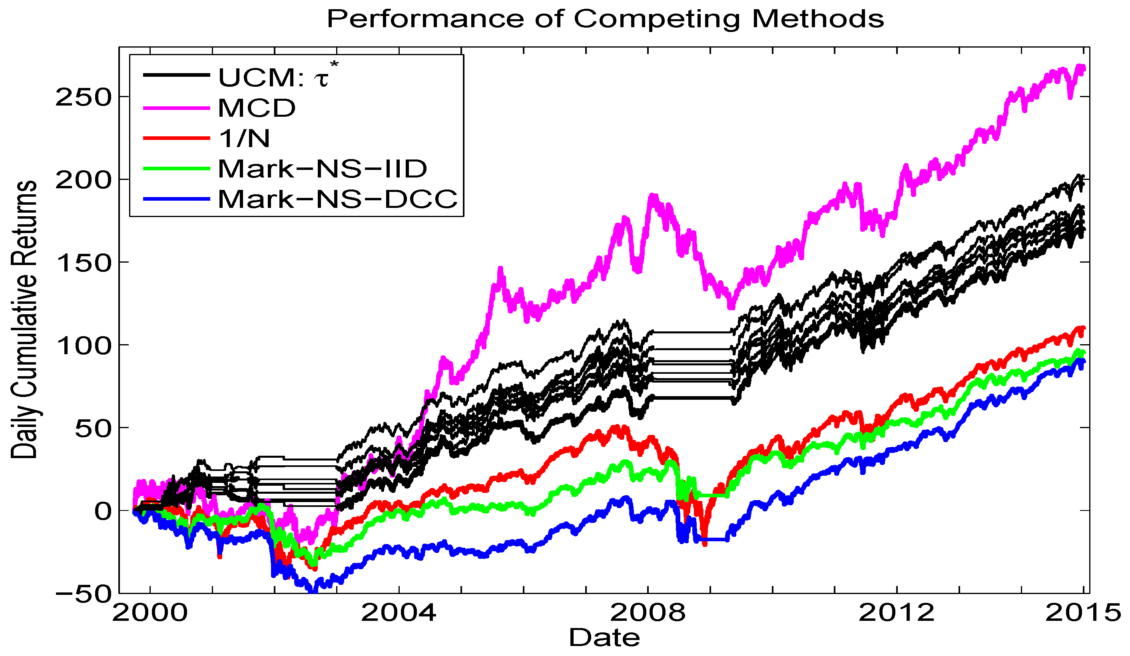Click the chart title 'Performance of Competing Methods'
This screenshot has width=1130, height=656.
[x=605, y=19]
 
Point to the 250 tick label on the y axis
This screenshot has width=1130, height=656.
[x=83, y=97]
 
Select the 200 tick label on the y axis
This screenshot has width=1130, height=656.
[x=83, y=180]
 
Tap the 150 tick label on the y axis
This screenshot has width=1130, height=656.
[x=83, y=263]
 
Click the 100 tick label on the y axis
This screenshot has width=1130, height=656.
[x=83, y=346]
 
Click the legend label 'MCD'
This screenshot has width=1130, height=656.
[x=257, y=108]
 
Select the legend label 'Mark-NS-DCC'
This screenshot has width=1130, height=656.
[x=337, y=199]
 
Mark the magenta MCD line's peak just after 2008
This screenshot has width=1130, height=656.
[x=653, y=196]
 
